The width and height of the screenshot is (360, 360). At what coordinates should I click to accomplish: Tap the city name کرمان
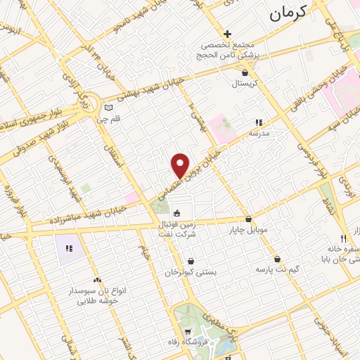(x=289, y=12)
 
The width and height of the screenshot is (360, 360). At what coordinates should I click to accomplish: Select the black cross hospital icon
(x=227, y=34)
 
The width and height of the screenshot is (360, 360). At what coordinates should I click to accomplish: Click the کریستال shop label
(x=245, y=83)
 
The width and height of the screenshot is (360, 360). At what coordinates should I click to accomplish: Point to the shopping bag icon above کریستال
(x=244, y=72)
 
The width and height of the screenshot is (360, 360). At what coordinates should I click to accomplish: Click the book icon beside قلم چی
(x=108, y=108)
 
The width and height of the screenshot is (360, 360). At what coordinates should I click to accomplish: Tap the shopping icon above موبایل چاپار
(x=249, y=219)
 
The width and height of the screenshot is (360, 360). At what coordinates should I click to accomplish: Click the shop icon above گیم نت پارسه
(x=278, y=259)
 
